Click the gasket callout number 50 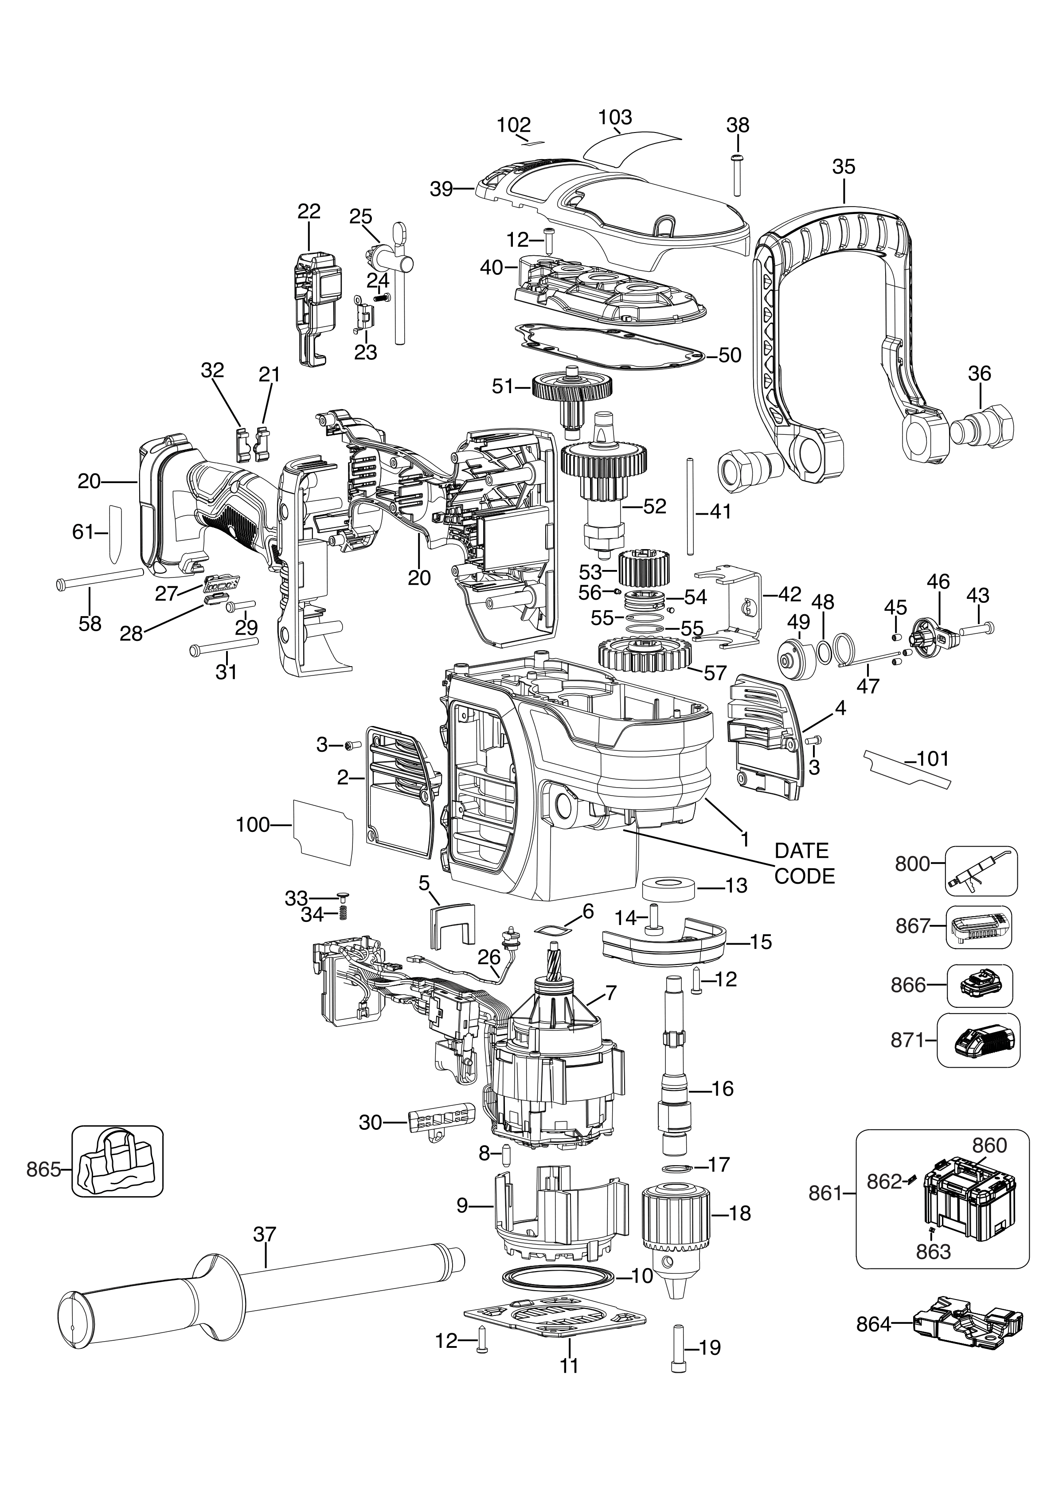click(x=730, y=355)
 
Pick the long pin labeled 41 click(x=688, y=507)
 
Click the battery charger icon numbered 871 click(x=979, y=1040)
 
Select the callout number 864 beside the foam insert click(x=873, y=1323)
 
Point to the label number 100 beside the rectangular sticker click(x=253, y=825)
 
